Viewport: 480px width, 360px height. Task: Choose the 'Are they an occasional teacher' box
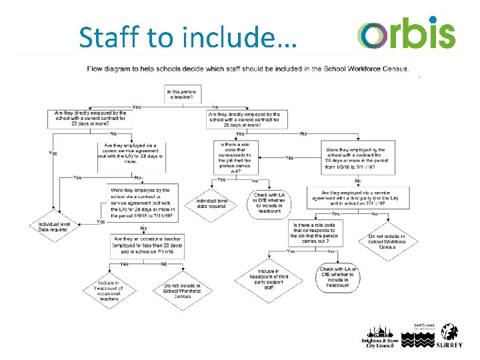(x=147, y=244)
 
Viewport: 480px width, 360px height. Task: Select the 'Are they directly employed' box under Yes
(x=88, y=119)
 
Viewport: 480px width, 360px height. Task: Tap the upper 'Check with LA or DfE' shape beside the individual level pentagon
(x=269, y=202)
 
